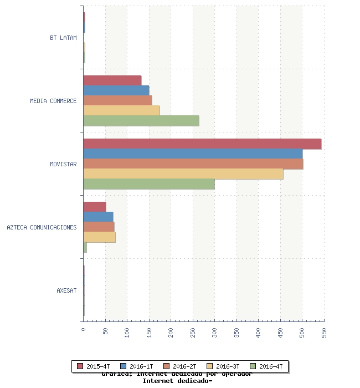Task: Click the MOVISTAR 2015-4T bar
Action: click(202, 144)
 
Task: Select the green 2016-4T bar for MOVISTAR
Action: click(149, 184)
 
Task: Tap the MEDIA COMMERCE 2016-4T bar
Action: click(141, 121)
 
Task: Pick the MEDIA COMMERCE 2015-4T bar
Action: click(112, 80)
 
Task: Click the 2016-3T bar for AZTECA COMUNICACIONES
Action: click(99, 237)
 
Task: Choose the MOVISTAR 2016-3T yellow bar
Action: click(183, 174)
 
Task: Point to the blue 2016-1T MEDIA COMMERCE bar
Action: click(116, 90)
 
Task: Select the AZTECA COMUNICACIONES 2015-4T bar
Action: click(95, 207)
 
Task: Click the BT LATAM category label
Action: click(63, 38)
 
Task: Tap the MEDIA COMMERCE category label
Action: click(53, 101)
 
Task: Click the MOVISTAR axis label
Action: click(63, 164)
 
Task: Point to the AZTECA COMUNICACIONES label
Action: click(42, 227)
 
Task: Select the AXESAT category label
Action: click(66, 290)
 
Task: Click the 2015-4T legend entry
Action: click(94, 366)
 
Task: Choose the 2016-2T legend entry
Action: click(180, 366)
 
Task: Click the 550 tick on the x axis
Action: click(324, 332)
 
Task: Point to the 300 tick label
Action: click(215, 332)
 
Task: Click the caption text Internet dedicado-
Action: click(177, 381)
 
